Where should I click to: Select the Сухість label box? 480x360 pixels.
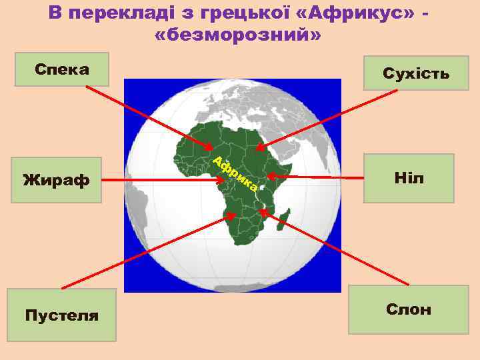pyautogui.click(x=416, y=73)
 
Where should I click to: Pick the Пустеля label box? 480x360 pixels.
pyautogui.click(x=61, y=315)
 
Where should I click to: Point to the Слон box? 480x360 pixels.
pyautogui.click(x=409, y=309)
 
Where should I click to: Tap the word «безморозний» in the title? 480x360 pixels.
pyautogui.click(x=237, y=34)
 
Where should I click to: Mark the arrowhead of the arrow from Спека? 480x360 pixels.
pyautogui.click(x=210, y=147)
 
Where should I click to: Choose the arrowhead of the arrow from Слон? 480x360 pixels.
pyautogui.click(x=262, y=212)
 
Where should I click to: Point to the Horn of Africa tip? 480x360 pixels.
pyautogui.click(x=291, y=165)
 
